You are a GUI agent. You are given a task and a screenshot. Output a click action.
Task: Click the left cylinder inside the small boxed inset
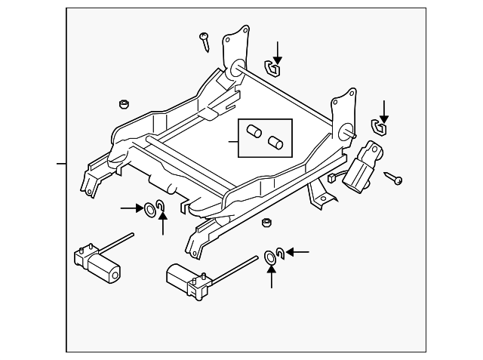click(x=254, y=133)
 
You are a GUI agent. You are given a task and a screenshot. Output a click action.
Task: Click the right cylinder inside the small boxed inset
click(x=275, y=141)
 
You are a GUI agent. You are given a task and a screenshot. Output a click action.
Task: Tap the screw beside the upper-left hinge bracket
click(x=205, y=41)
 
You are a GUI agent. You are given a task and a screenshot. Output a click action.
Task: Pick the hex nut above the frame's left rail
click(x=123, y=103)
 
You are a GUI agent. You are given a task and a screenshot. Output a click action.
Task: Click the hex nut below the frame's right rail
click(x=266, y=223)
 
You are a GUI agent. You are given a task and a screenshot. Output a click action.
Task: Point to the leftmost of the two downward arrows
click(x=277, y=52)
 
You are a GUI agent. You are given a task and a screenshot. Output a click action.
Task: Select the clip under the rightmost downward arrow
click(x=379, y=127)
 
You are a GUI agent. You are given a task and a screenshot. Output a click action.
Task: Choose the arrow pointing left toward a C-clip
click(x=298, y=252)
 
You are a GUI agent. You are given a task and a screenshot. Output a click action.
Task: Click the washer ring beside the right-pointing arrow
click(x=149, y=208)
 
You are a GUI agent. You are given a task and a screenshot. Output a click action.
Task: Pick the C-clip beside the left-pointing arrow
click(x=279, y=253)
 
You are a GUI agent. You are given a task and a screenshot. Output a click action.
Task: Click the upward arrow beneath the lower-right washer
click(x=271, y=277)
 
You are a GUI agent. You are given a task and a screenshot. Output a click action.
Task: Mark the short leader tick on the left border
click(x=61, y=163)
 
